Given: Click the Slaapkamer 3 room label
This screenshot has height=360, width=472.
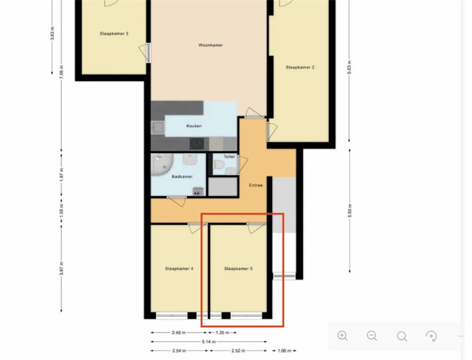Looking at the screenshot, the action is pos(114,34).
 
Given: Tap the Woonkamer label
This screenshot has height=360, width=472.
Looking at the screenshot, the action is pos(211,45).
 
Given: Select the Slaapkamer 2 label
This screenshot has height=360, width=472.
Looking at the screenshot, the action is pos(300,67).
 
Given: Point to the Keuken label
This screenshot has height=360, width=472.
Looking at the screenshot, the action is pos(194,126).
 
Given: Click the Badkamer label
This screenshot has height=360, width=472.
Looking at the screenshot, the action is pos(182,176).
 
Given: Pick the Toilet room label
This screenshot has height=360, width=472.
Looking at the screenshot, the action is pos(229,157).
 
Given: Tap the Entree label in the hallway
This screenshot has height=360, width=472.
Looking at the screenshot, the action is pos(256,185).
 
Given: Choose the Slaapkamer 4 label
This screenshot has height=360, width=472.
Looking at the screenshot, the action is pos(179,268).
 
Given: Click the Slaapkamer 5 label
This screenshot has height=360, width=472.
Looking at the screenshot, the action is pos(239,268).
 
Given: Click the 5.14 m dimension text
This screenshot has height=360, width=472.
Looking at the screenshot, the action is pos(209,341).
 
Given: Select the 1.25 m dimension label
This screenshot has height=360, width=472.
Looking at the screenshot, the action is pos(223,332).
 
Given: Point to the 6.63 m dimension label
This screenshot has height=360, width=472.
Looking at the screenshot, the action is pos(349,67).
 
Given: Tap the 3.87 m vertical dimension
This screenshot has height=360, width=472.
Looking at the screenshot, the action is pos(61,268).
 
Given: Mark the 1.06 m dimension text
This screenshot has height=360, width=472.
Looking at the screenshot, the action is pos(284,350).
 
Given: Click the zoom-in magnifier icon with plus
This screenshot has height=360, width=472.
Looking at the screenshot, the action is pos(342,335).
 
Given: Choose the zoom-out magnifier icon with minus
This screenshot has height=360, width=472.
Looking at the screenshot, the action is pos(372,335).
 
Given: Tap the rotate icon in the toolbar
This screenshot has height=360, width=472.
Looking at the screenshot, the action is pos(431,336).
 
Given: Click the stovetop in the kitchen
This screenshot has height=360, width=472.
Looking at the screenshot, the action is pos(197,143).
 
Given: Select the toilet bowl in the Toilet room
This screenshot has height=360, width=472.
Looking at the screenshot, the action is pos(219,165).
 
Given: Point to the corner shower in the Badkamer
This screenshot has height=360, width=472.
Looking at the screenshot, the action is pos(161,164).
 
